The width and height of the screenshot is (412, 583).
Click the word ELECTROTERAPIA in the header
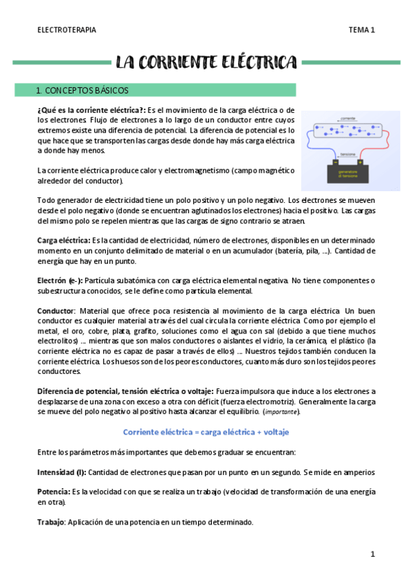66,30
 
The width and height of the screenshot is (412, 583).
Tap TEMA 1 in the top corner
361,30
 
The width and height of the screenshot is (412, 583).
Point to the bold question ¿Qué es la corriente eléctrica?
91,110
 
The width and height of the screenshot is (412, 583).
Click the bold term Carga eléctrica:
63,241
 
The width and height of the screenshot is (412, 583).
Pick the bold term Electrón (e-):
59,280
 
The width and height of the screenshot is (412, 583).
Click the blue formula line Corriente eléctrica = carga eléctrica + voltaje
206,432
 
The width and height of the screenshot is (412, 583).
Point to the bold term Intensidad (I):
61,472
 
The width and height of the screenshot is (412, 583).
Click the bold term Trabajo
50,522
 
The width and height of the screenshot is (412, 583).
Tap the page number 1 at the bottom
372,554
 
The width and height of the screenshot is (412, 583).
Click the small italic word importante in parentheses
281,412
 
